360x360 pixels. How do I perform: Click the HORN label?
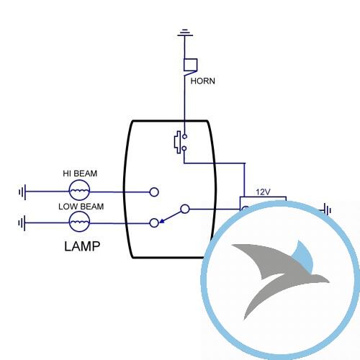point(202,81)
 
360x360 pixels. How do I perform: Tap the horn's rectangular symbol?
point(191,65)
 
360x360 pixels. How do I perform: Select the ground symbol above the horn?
point(185,33)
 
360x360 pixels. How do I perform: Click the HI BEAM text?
point(80,174)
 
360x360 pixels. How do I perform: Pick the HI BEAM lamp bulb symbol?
point(79,191)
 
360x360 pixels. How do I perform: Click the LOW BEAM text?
point(81,207)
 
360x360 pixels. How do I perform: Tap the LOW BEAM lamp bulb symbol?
point(79,222)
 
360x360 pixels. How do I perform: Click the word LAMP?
point(82,246)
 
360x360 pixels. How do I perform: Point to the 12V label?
point(263,192)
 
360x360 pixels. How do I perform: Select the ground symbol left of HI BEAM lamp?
point(22,192)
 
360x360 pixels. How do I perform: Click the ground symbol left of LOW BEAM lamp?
point(22,223)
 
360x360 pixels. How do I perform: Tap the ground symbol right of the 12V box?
point(328,210)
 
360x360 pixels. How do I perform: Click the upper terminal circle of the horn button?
point(184,137)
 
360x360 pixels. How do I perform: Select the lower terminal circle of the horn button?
point(184,148)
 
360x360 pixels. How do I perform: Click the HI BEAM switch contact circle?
point(154,192)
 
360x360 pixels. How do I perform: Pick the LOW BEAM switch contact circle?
point(154,223)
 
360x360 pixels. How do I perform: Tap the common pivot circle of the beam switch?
point(185,209)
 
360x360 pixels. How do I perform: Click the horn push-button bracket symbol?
point(178,142)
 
